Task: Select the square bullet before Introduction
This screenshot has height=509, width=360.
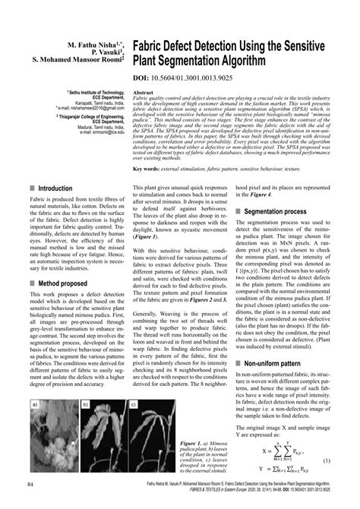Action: (31, 188)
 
